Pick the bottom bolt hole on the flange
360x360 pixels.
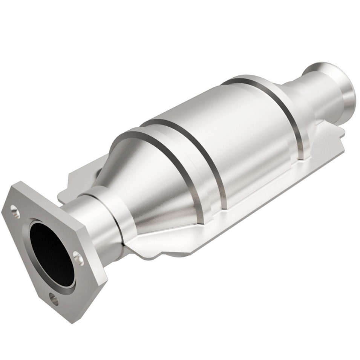[x=54, y=300]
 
